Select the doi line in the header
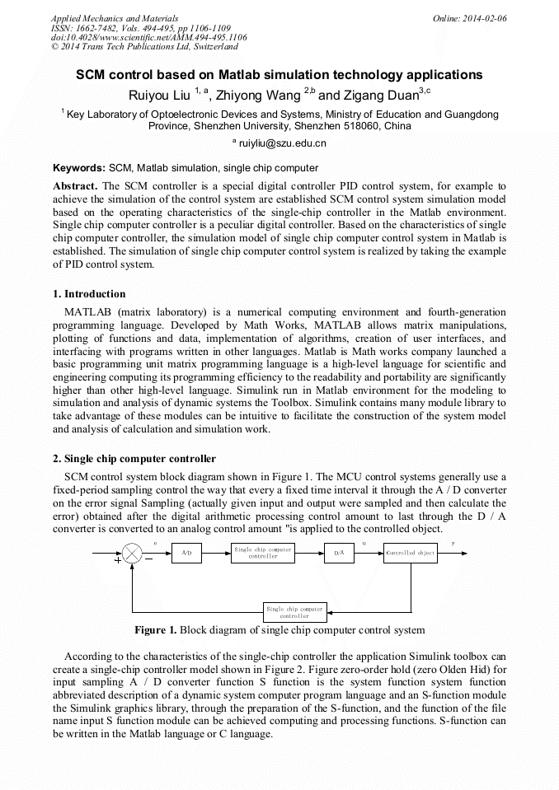[148, 38]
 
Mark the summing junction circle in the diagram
[132, 554]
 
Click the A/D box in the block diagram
[186, 554]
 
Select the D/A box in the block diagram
[339, 554]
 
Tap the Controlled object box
[410, 554]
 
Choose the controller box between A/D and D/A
[263, 554]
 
